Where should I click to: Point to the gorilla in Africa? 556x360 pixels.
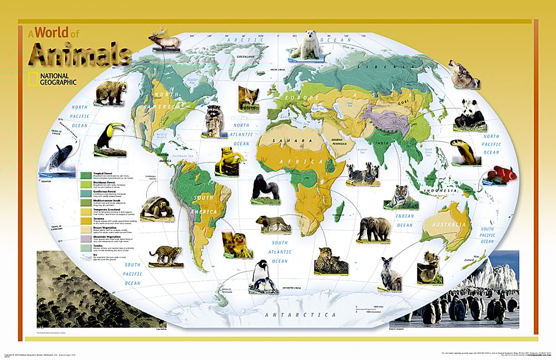[265, 186]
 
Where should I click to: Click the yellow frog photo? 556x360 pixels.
[228, 159]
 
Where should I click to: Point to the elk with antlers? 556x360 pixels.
[163, 41]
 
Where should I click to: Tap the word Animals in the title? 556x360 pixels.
[80, 55]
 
